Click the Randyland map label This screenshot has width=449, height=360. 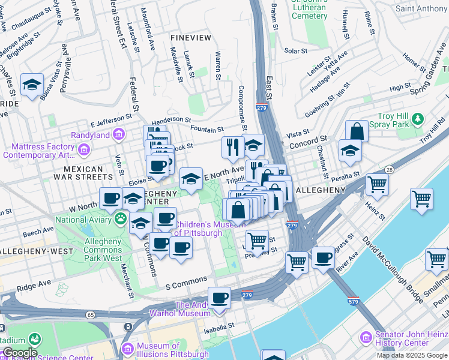click(90, 134)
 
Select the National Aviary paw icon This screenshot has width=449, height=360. click(122, 219)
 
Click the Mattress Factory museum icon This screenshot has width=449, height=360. click(84, 149)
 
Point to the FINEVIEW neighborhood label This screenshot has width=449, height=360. click(191, 38)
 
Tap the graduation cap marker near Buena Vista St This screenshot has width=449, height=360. click(32, 85)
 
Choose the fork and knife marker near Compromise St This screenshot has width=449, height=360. click(232, 147)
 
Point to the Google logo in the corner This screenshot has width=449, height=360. click(19, 353)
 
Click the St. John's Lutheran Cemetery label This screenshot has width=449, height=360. click(309, 11)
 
